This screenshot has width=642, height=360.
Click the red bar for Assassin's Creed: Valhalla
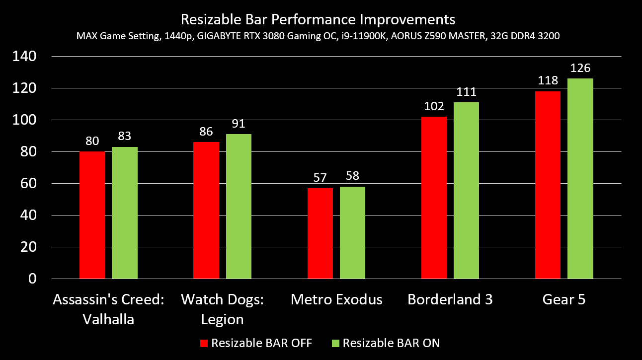point(92,215)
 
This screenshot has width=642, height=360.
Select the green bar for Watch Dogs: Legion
point(239,206)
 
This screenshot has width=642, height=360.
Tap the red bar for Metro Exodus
point(320,233)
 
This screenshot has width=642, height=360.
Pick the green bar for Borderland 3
point(466,191)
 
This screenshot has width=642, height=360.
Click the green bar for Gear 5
point(580,179)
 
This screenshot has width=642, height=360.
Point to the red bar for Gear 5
point(548,185)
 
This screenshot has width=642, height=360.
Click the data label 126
point(580,69)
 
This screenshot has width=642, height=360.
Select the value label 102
point(434,107)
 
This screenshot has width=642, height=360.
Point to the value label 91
point(239,124)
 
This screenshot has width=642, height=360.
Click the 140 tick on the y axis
point(24,57)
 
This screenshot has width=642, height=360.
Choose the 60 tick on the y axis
point(28,184)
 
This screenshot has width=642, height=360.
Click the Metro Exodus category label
point(336,300)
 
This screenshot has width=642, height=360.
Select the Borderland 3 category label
point(450,300)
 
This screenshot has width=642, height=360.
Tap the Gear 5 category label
point(563,300)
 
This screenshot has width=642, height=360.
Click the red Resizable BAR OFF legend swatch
point(204,343)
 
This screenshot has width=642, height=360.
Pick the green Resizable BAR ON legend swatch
point(335,343)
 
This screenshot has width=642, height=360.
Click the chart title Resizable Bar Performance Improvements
point(318,20)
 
